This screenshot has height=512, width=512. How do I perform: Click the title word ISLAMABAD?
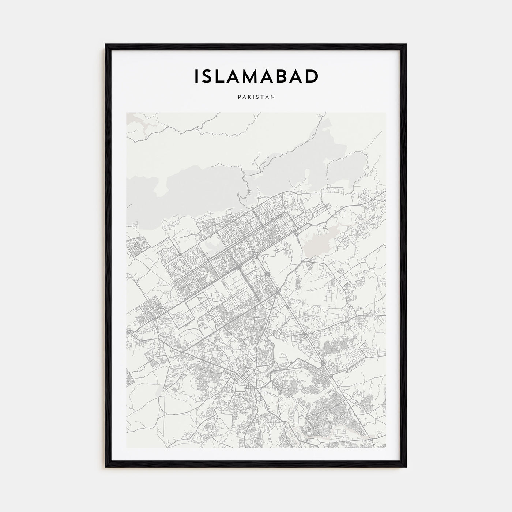pos(256,76)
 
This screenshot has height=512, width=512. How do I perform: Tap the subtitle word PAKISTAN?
pos(256,97)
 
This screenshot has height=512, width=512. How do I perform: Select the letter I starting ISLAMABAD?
pos(196,76)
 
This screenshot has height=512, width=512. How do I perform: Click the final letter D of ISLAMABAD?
pos(312,76)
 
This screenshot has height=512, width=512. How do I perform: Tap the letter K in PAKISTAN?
pos(249,97)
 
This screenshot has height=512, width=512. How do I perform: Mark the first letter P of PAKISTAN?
pos(239,97)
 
